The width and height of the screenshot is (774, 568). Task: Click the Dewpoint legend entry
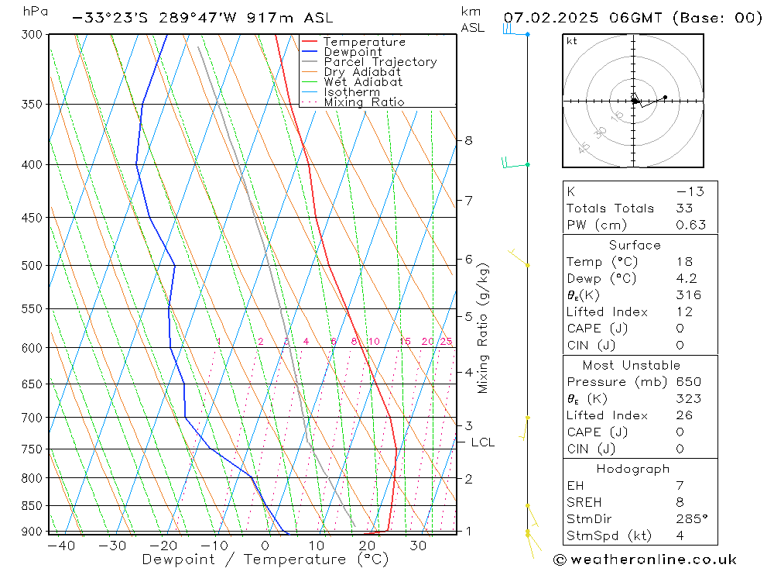tap(352, 52)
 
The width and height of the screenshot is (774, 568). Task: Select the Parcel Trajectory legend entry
tap(380, 62)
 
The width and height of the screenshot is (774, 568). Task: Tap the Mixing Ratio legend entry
tap(364, 102)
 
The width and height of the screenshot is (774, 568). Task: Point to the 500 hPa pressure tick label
tap(33, 266)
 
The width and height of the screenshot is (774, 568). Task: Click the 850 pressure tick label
tap(33, 506)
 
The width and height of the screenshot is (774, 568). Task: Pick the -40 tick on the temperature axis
tap(61, 546)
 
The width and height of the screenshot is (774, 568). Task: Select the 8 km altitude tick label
tap(468, 140)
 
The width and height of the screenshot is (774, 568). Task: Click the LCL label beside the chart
tap(482, 442)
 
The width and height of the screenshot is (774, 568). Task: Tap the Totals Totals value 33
tap(684, 208)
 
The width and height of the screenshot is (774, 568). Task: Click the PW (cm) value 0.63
tap(690, 225)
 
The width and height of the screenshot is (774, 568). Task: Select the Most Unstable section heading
tap(632, 365)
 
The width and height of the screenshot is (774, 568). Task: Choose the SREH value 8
tap(680, 502)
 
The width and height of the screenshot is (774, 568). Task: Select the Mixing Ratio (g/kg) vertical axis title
tap(484, 329)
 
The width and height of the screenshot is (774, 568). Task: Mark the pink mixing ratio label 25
tap(446, 342)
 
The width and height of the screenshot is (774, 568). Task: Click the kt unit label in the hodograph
tap(571, 41)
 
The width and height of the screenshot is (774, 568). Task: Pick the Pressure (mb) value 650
tap(688, 382)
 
